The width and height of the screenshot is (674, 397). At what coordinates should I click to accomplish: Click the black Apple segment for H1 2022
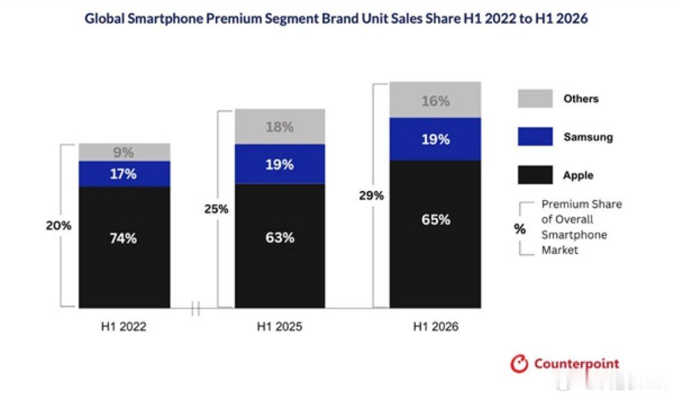tap(124, 247)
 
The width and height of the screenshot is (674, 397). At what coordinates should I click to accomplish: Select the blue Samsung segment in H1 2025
tap(280, 164)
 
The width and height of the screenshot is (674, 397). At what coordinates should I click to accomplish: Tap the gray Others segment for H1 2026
tap(435, 100)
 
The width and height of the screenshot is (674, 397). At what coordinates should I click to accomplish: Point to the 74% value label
tap(124, 238)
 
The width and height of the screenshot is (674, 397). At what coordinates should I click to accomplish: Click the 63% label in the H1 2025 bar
tap(280, 237)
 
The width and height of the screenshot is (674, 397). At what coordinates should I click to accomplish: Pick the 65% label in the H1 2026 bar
tap(436, 219)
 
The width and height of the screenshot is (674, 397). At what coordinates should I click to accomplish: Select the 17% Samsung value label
tap(124, 173)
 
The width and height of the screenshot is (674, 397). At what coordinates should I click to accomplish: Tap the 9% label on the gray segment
tap(124, 152)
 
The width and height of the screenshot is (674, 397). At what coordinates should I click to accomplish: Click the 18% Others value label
tap(279, 127)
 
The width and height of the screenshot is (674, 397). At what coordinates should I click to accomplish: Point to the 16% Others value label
tap(435, 101)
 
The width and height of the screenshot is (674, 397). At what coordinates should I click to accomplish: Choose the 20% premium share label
tap(58, 225)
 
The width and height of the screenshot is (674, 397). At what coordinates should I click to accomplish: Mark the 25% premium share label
tap(216, 209)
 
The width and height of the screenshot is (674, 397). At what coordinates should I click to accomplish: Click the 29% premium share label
tap(371, 196)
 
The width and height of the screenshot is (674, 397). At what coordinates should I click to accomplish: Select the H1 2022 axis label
tap(124, 327)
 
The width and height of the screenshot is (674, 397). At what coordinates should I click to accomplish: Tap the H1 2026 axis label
tap(436, 327)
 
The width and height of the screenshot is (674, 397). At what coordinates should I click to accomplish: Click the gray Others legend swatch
tap(535, 98)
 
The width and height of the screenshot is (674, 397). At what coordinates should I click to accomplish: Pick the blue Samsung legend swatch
tap(535, 137)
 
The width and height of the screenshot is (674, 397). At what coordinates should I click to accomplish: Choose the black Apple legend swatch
tap(535, 175)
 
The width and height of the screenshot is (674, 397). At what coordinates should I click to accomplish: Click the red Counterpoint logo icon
tap(519, 364)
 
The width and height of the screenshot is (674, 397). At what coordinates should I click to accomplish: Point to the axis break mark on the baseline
tap(195, 308)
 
